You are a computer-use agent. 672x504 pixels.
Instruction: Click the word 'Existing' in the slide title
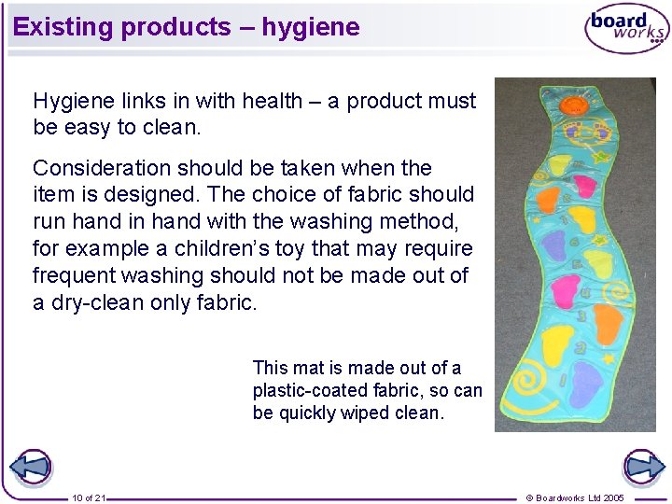[63, 27]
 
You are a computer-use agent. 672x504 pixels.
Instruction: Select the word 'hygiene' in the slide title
[310, 27]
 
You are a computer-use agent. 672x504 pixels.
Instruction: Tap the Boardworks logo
[626, 30]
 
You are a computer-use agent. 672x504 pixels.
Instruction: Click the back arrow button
[30, 467]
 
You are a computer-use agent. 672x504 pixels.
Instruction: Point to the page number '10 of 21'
[89, 497]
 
